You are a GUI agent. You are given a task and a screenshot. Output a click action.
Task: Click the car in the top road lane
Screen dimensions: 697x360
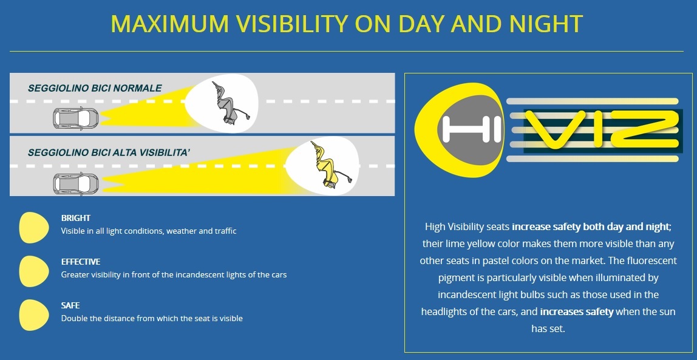click(x=76, y=118)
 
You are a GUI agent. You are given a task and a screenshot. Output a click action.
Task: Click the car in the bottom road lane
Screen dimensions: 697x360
click(x=76, y=184)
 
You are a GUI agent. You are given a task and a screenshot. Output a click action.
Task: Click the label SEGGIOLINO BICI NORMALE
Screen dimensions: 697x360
click(x=95, y=88)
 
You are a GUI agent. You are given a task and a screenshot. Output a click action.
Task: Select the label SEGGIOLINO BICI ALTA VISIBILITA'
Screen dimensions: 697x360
click(x=109, y=153)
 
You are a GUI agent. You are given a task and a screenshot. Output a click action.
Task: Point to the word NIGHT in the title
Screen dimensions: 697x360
click(x=546, y=24)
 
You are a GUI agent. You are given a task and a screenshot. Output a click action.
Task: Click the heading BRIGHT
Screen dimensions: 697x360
click(x=75, y=218)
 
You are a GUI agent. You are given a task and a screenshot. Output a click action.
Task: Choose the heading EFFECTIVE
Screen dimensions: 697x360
click(x=81, y=261)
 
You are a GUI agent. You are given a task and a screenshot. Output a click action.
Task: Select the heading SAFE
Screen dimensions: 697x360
click(x=70, y=305)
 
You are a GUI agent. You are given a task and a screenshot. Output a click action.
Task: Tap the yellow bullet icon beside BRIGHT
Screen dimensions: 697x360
click(x=34, y=228)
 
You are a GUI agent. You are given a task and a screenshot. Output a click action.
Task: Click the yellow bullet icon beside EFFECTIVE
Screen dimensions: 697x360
click(x=34, y=271)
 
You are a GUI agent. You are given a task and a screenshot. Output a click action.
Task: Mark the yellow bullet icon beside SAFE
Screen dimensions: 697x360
click(x=34, y=315)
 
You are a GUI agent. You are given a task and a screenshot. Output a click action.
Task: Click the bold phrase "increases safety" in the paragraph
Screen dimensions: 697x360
click(x=577, y=311)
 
